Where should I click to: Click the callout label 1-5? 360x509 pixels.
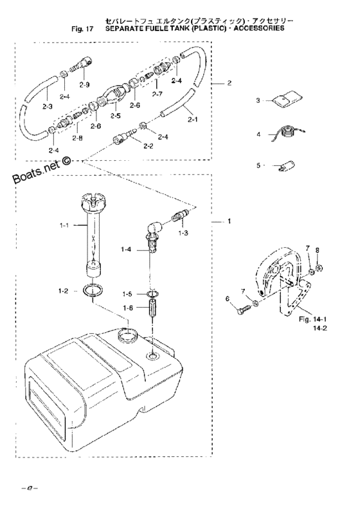[x=129, y=293]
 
